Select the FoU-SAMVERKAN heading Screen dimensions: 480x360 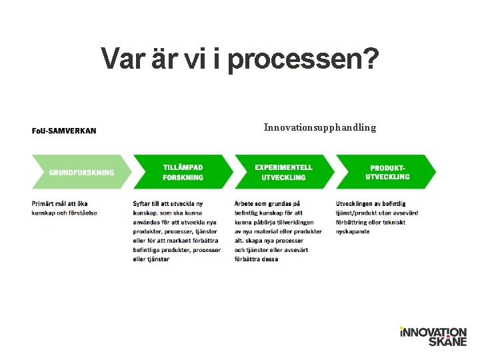click(64, 130)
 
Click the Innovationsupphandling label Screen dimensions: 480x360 click(319, 127)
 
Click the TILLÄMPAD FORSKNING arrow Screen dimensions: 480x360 click(183, 172)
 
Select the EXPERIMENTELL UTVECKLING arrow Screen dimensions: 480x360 click(283, 172)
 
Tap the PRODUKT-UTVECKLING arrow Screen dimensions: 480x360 click(387, 172)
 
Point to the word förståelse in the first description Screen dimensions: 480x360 click(81, 213)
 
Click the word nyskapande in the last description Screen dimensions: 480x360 click(353, 231)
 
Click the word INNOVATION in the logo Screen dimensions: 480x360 click(433, 332)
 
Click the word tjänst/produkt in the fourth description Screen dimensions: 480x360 click(357, 213)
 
